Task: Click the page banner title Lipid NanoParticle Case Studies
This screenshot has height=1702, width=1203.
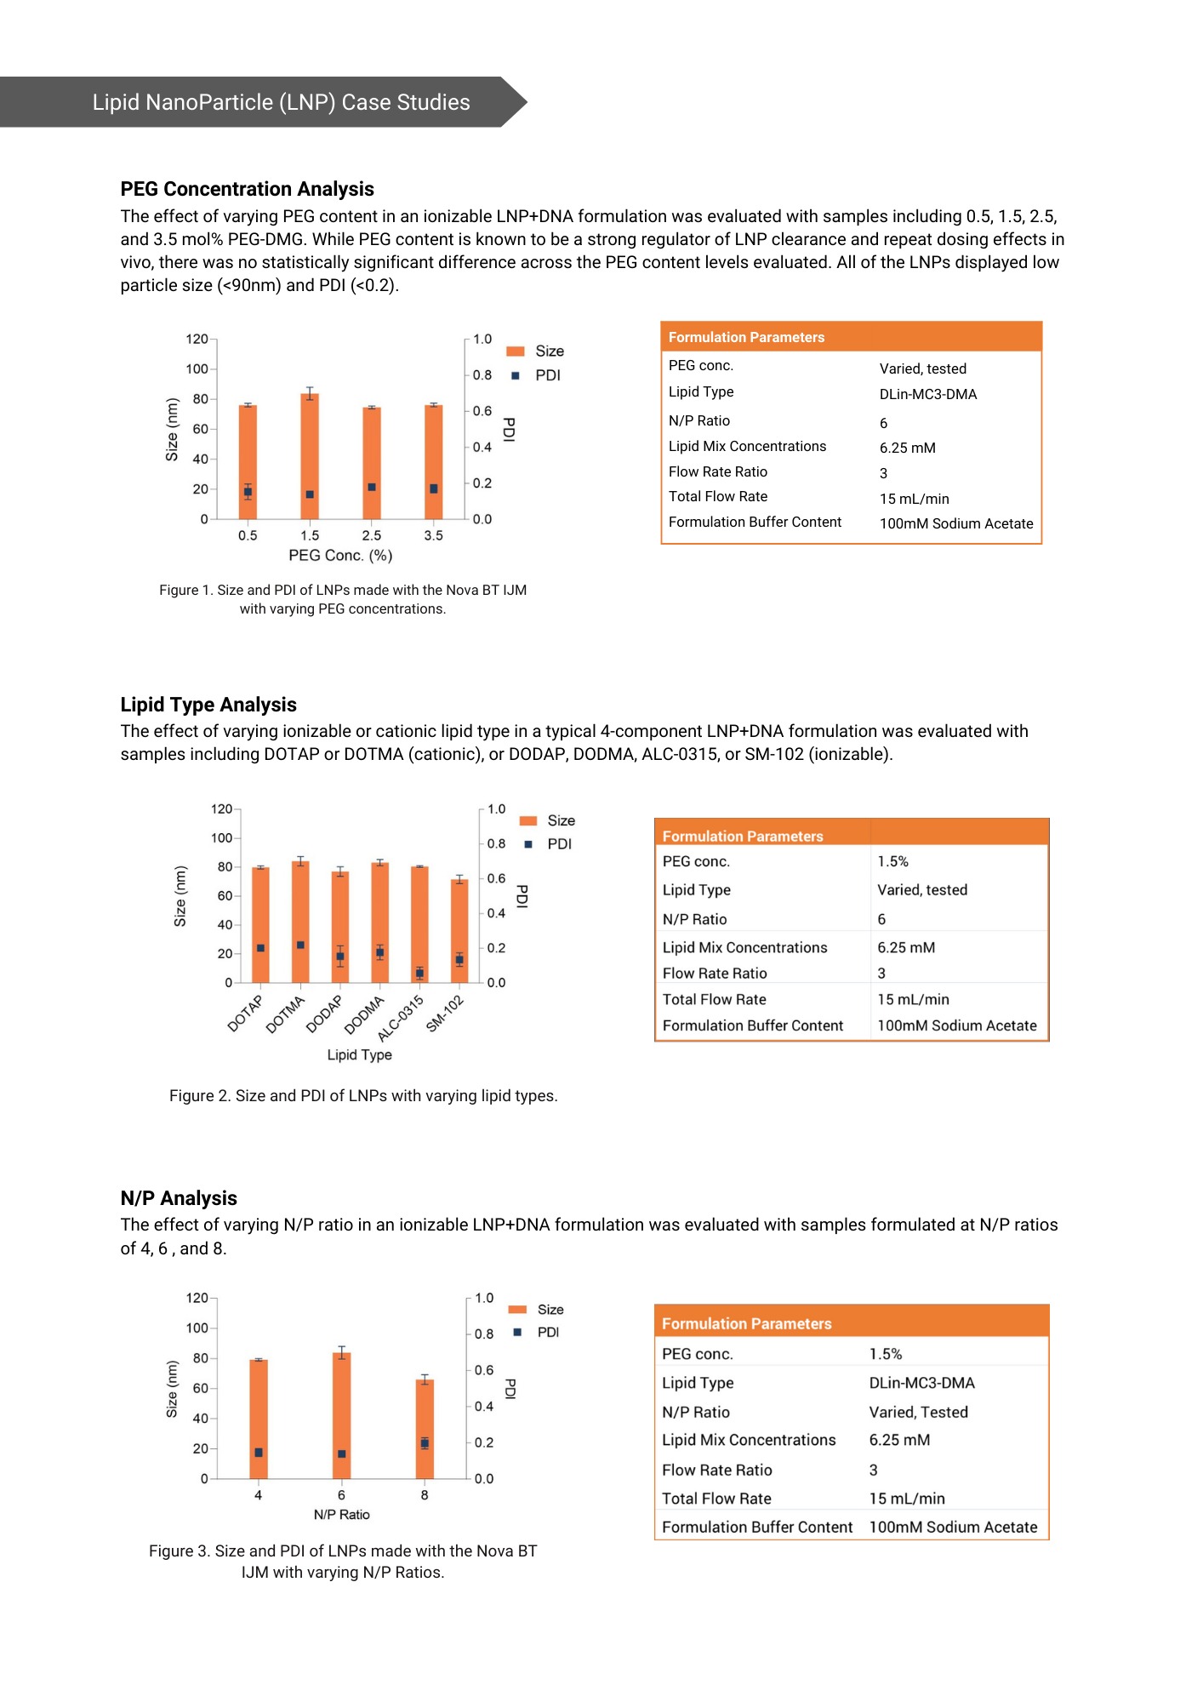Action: [x=281, y=103]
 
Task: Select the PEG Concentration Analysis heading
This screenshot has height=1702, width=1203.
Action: [x=247, y=189]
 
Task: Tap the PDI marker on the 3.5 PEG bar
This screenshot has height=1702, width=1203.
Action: [x=434, y=488]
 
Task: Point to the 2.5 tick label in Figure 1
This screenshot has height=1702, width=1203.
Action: [x=372, y=536]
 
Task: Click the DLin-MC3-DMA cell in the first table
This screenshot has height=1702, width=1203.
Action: [x=927, y=395]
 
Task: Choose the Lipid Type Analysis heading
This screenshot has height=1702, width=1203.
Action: [x=208, y=705]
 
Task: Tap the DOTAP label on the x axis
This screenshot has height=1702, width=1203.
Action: [x=246, y=1014]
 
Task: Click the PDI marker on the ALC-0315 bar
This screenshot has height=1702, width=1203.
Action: [x=419, y=973]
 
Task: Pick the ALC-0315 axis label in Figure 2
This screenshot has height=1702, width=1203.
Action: [x=401, y=1018]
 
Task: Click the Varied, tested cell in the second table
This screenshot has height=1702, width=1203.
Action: [x=922, y=890]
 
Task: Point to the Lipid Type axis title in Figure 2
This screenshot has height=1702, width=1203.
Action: [x=359, y=1055]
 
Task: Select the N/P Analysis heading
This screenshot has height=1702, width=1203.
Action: [x=179, y=1198]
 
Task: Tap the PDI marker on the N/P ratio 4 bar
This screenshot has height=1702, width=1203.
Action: [x=259, y=1453]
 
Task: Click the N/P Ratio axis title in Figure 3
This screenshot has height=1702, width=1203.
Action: [x=341, y=1515]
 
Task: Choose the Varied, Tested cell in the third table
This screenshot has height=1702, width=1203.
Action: [x=918, y=1413]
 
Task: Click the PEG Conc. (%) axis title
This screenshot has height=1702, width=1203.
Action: [x=340, y=556]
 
